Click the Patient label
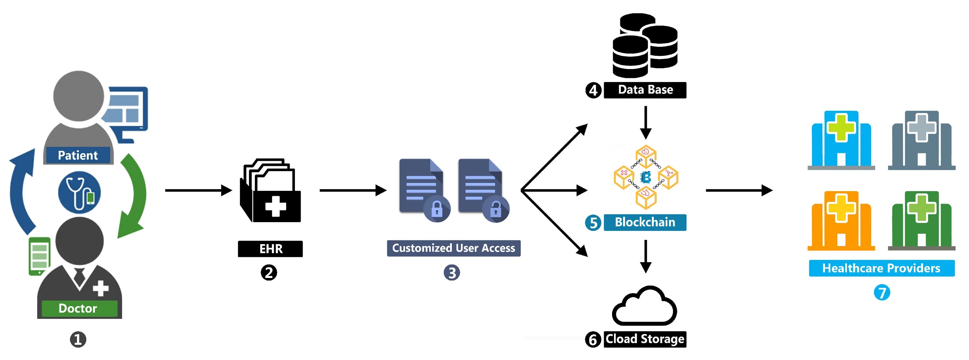78,155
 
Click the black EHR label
270,249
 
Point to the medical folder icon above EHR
270,190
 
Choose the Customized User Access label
454,248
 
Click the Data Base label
645,90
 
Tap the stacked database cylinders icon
645,46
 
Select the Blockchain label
645,222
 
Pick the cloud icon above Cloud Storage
645,305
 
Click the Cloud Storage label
645,339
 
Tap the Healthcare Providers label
881,268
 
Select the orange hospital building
841,221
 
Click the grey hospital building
922,140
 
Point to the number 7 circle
882,293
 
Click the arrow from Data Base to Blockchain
645,123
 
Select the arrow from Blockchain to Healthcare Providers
739,190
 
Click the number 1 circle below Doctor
78,339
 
